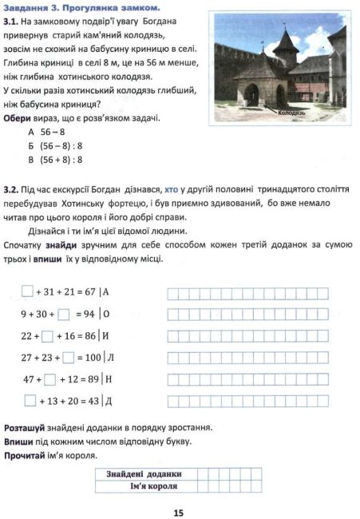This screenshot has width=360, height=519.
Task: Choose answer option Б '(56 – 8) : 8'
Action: (65, 146)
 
